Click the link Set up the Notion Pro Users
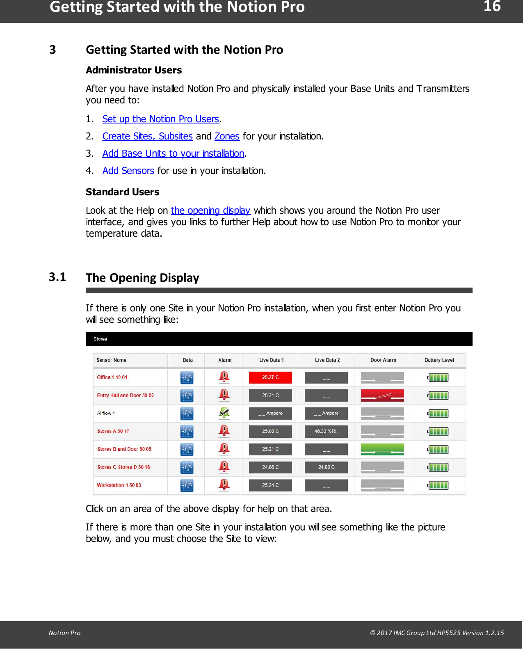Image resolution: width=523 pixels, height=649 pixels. click(x=161, y=119)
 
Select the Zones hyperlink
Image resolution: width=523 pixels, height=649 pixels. click(x=227, y=136)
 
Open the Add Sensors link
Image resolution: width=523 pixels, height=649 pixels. click(x=128, y=171)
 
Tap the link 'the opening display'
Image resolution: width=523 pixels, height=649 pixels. click(x=210, y=210)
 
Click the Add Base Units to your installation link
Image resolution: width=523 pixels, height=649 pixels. click(x=173, y=153)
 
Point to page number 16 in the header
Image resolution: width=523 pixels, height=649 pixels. click(x=491, y=7)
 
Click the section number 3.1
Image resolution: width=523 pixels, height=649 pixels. click(x=57, y=277)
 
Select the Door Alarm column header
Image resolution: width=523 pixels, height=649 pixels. click(x=383, y=360)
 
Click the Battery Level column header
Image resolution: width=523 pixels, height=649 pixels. click(x=439, y=360)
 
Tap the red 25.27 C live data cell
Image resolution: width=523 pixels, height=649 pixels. click(x=270, y=377)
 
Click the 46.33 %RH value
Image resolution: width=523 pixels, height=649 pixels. click(x=326, y=431)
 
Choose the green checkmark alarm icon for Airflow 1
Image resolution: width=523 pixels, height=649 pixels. click(x=224, y=413)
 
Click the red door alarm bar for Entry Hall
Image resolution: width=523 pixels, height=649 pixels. click(x=382, y=395)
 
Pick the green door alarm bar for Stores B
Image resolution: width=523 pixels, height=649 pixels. click(x=382, y=449)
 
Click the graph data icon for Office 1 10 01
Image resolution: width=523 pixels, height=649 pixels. click(x=187, y=377)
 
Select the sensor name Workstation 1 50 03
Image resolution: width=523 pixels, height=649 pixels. click(x=119, y=485)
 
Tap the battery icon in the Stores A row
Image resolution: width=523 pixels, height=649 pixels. click(x=438, y=431)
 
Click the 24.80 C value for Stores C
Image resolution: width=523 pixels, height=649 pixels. click(x=326, y=467)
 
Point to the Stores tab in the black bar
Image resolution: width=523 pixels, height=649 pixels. click(x=100, y=339)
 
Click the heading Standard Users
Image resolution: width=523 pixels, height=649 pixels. click(x=122, y=192)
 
